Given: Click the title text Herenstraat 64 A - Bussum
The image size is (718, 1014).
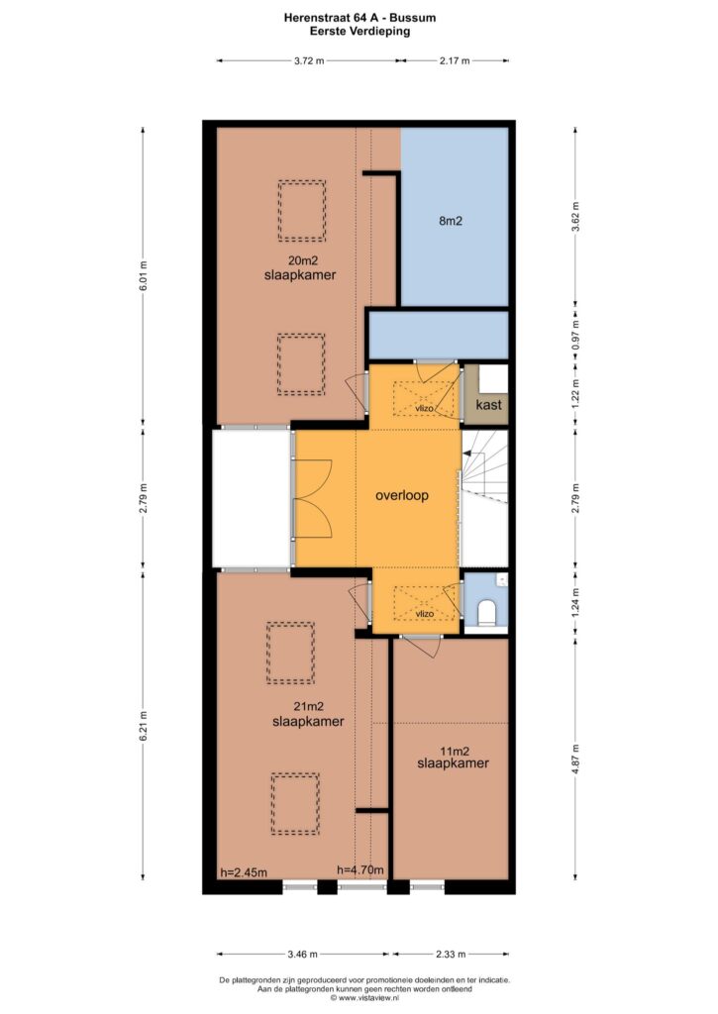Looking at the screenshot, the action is click(359, 18).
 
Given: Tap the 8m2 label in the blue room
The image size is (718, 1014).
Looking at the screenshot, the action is click(451, 221).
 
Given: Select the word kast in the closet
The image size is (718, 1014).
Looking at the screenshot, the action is click(488, 405).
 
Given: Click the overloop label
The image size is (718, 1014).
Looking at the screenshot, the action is click(402, 496).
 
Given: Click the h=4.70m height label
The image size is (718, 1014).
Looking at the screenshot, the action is click(360, 869).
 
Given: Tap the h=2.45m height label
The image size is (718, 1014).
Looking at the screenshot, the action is click(244, 873).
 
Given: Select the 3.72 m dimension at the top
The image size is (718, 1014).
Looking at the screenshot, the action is click(309, 60).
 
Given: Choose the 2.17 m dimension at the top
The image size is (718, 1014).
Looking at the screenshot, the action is click(455, 60).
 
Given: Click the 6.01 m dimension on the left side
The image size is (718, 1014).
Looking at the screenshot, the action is click(143, 275).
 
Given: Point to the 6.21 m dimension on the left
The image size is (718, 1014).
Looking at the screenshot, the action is click(143, 727).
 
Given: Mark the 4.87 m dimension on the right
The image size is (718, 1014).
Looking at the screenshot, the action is click(575, 759).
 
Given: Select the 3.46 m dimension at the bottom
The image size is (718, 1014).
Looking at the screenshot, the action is click(302, 954).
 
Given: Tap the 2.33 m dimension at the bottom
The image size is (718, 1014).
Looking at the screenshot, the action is click(451, 954).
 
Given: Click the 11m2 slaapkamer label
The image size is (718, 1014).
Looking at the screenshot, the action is click(453, 758).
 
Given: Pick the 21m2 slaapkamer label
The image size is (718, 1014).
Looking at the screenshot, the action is click(308, 715).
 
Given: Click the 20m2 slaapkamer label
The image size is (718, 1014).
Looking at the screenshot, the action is click(300, 268).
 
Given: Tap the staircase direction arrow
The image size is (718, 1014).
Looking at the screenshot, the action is click(467, 454).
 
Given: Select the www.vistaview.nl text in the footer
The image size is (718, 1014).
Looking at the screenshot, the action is click(365, 998).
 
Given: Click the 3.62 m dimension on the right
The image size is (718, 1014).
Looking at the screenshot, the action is click(575, 217).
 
